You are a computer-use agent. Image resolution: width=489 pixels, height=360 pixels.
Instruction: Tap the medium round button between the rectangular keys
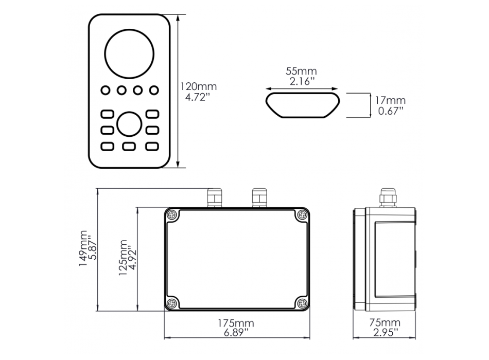tap(129, 123)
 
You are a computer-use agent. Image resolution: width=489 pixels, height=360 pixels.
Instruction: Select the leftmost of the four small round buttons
tap(106, 91)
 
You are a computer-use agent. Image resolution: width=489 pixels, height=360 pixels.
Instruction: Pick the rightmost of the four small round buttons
tap(153, 91)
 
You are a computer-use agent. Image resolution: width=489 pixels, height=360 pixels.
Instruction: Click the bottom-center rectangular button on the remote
tap(129, 147)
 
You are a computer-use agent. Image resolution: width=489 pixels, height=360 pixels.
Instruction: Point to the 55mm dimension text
tap(302, 71)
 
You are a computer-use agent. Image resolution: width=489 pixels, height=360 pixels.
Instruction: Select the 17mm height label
tap(390, 100)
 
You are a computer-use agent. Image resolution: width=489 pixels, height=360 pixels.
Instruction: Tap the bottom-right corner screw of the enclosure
tap(302, 302)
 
